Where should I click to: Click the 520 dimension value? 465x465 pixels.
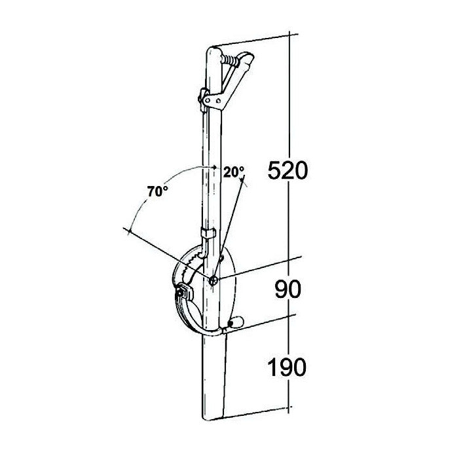click(x=288, y=172)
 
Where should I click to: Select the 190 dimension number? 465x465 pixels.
click(x=287, y=367)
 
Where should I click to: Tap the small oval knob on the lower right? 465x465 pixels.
click(x=237, y=322)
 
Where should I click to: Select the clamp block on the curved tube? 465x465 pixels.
click(x=187, y=291)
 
